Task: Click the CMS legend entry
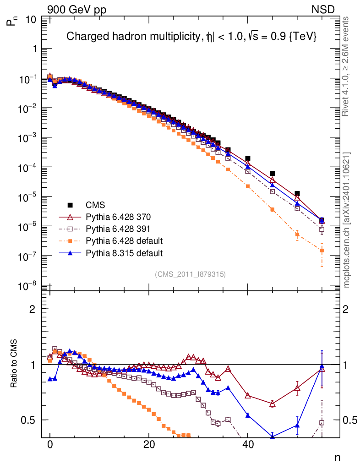tap(95, 205)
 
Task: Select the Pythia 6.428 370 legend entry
tap(119, 217)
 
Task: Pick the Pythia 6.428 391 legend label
tap(119, 229)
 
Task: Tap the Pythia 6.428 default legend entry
tap(124, 240)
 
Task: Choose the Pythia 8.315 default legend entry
tap(124, 252)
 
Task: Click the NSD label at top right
tap(323, 9)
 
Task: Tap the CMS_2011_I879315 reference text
tap(190, 274)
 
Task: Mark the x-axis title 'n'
tap(337, 458)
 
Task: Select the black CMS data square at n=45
tap(272, 174)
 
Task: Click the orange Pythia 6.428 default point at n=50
tap(297, 235)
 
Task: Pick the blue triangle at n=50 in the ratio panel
tap(297, 425)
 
